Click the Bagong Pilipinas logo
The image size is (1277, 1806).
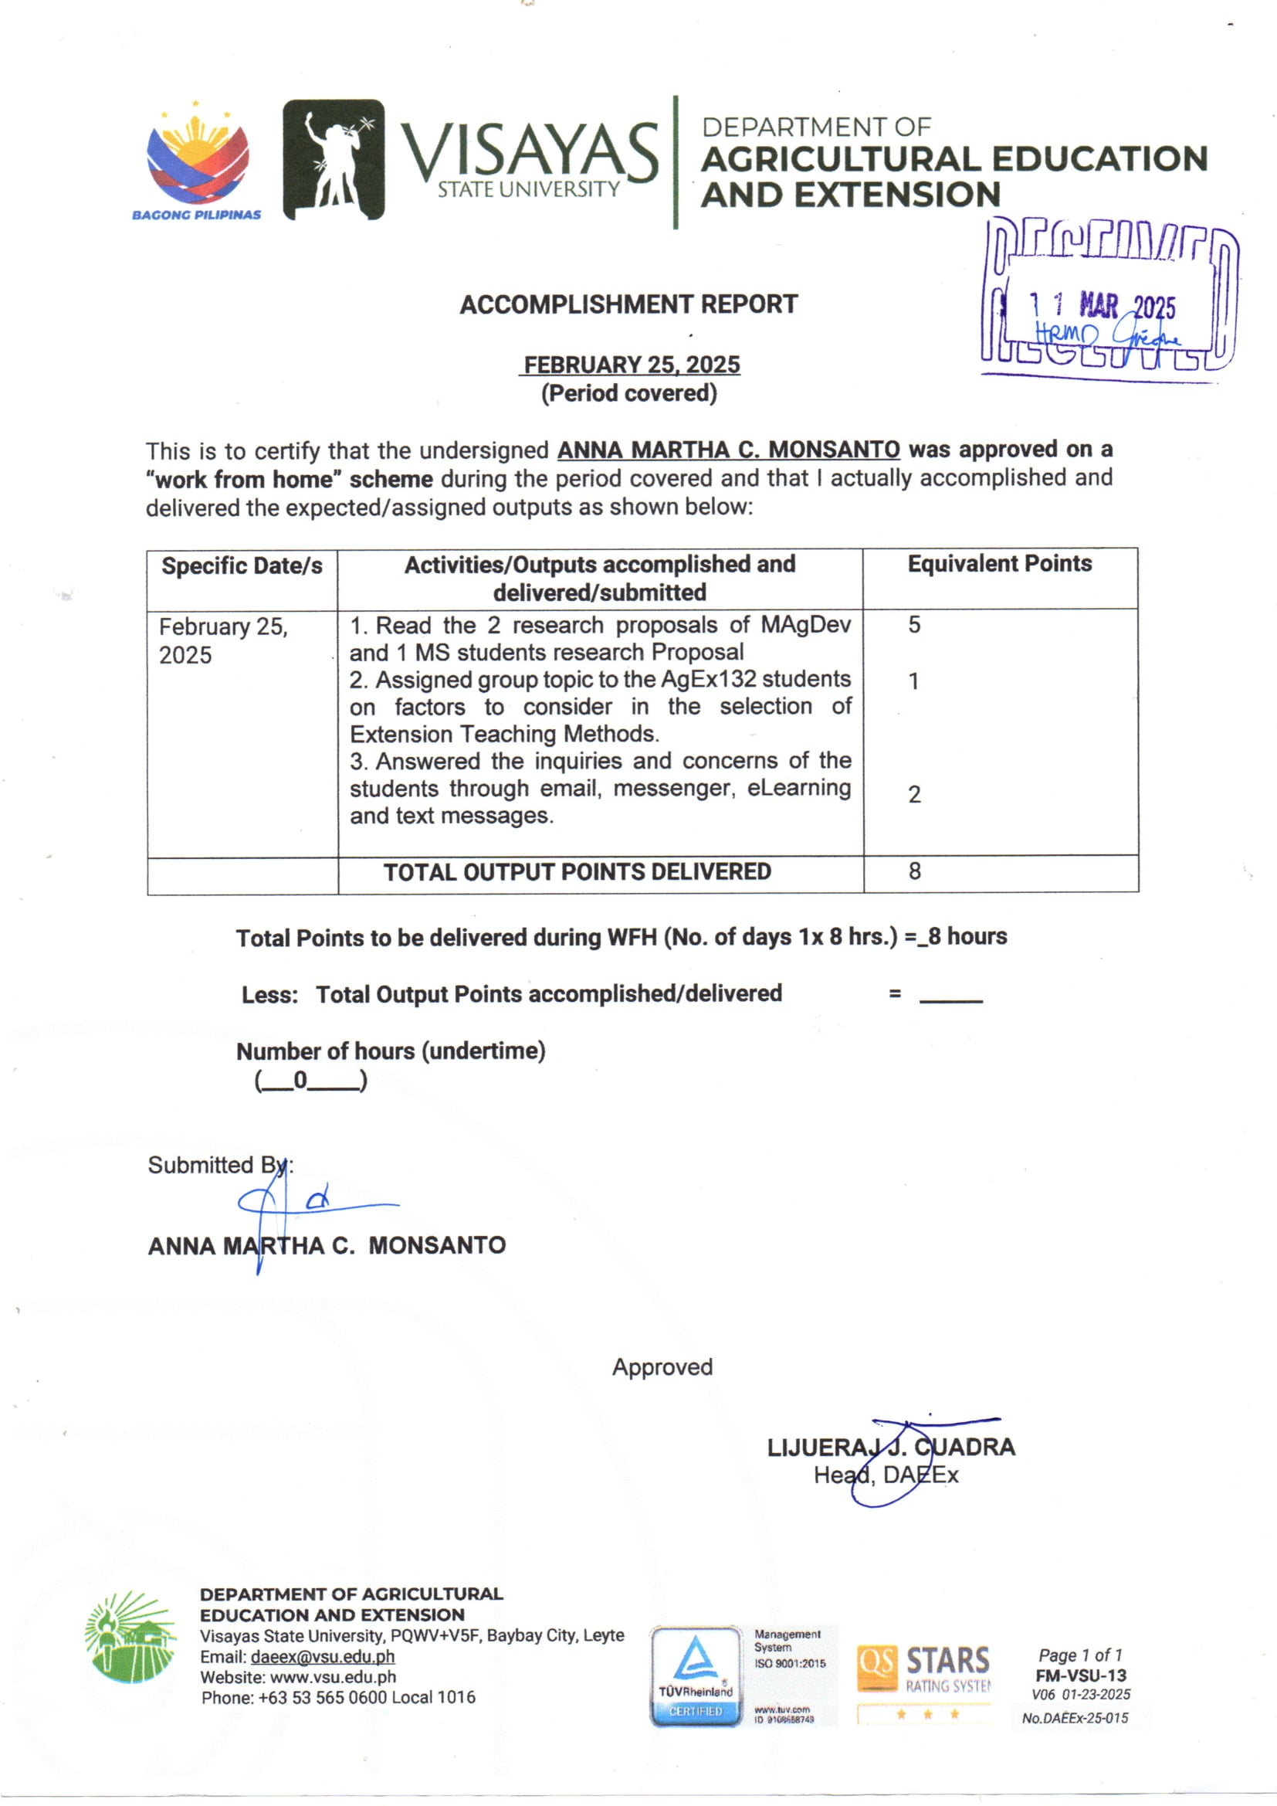[198, 161]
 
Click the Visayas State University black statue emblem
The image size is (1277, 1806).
[334, 160]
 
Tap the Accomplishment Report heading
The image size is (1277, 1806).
[628, 304]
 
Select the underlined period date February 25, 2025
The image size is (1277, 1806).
[632, 365]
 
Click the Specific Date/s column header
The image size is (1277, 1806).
[242, 566]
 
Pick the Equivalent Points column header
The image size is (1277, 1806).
[999, 564]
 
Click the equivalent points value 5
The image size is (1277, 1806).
[914, 626]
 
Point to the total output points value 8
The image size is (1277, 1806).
[914, 871]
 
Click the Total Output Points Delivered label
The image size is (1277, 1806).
[578, 872]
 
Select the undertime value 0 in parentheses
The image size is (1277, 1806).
[300, 1081]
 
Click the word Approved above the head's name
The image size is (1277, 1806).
[662, 1367]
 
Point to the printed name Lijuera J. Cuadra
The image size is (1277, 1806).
[891, 1448]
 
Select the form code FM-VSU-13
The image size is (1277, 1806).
[1080, 1675]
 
